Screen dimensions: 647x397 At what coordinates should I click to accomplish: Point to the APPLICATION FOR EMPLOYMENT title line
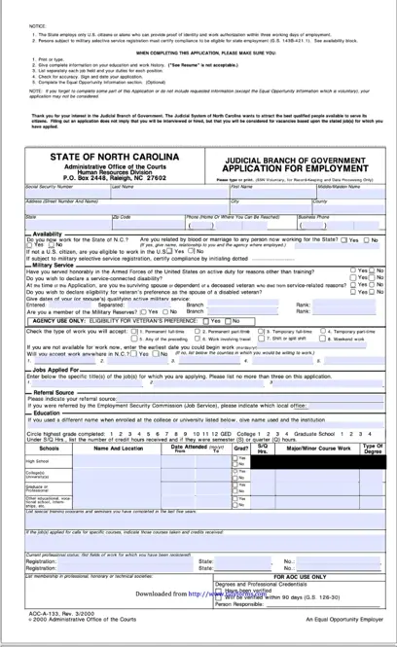pyautogui.click(x=294, y=168)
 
